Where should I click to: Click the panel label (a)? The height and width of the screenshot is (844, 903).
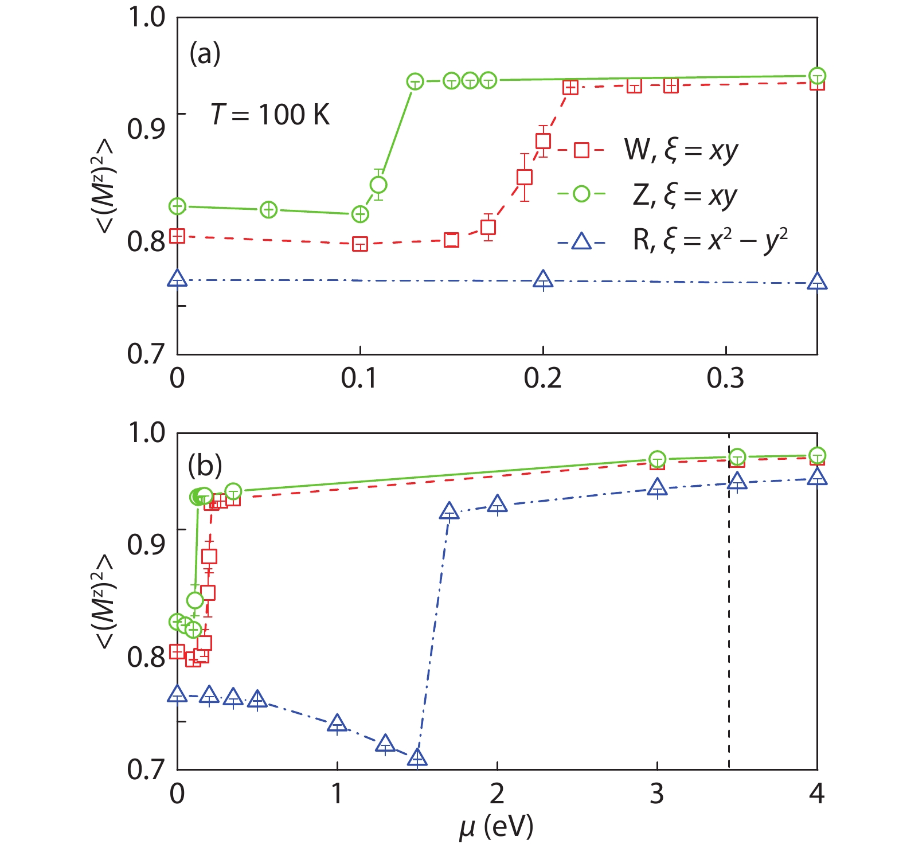coord(205,54)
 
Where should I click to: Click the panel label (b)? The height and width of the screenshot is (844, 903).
coord(205,466)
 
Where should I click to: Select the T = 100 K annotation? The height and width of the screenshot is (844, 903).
coord(270,115)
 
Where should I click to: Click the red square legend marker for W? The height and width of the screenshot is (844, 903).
coord(581,150)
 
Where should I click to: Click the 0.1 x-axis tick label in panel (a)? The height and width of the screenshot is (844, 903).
coord(359,378)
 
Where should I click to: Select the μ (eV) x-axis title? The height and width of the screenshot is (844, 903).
coord(497,826)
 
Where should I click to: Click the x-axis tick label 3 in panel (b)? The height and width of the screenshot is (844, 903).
coord(657,794)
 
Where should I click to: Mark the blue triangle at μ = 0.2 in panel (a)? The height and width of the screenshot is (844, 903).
coord(543,280)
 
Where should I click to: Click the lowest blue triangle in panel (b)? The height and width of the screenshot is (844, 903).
coord(417,757)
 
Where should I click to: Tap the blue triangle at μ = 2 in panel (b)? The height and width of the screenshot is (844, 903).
coord(497,504)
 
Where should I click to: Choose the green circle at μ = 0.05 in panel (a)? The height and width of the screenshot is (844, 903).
coord(269,210)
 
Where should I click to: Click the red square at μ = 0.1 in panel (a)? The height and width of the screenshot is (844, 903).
coord(359,244)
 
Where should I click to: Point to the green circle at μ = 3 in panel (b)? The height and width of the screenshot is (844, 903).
coord(657,459)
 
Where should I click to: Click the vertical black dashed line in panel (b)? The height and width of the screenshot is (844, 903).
coord(729,631)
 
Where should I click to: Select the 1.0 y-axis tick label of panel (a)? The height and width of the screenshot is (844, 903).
coord(146,17)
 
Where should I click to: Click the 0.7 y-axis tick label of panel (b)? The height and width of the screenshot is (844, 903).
coord(146,769)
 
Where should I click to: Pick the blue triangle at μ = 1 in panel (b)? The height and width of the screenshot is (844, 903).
coord(337,724)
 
